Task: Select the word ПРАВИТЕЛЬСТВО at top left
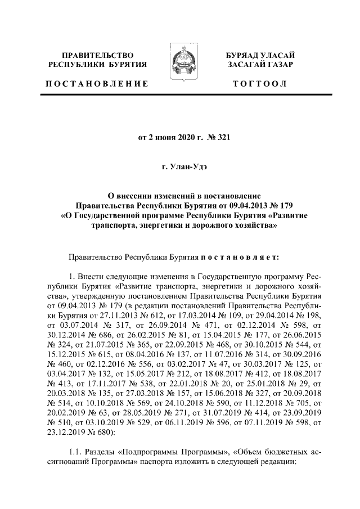[97, 56]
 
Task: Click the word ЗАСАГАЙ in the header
[245, 65]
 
